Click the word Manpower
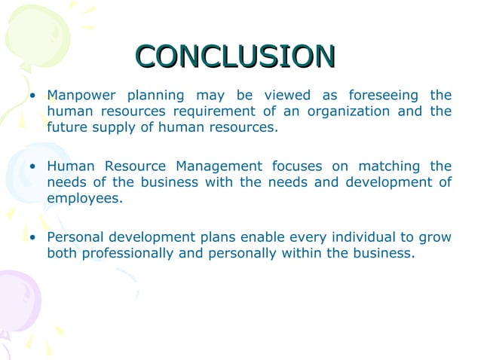78,96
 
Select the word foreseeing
384,96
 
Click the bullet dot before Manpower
33,96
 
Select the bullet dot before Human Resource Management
33,166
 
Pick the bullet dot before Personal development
33,238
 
